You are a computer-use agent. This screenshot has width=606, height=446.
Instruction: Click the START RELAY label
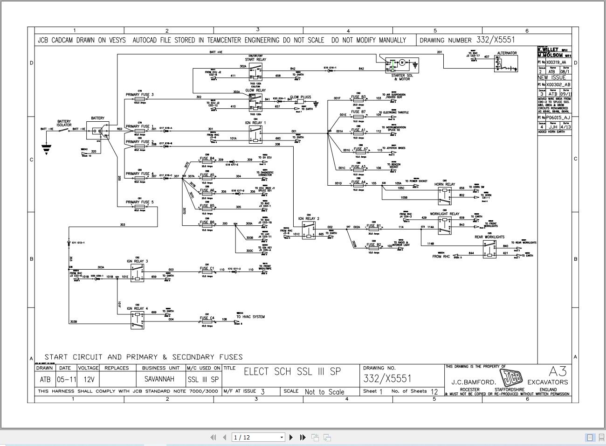[x=255, y=60]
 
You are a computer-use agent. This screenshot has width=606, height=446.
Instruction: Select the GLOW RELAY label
[x=255, y=91]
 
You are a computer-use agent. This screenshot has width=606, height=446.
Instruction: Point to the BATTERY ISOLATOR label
[x=64, y=123]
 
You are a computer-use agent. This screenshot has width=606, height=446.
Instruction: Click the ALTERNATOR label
[x=507, y=53]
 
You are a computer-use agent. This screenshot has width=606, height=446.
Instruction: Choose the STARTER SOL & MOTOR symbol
[x=401, y=65]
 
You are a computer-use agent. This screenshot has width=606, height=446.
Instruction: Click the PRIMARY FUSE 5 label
[x=139, y=202]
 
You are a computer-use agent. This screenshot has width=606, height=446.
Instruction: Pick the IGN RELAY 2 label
[x=309, y=218]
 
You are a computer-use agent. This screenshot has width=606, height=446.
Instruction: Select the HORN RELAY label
[x=444, y=184]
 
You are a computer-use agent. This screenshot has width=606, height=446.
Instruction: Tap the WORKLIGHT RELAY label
[x=444, y=214]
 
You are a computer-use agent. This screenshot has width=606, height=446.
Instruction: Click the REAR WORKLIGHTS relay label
[x=489, y=237]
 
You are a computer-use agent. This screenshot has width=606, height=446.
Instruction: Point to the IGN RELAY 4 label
[x=137, y=308]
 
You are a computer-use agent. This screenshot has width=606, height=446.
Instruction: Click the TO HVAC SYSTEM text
[x=250, y=317]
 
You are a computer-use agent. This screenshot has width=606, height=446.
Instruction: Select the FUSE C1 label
[x=207, y=268]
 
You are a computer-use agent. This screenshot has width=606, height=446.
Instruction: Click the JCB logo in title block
[x=510, y=378]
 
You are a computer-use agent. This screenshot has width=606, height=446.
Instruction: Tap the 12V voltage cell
[x=88, y=379]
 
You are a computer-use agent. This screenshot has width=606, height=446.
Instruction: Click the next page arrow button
[x=291, y=437]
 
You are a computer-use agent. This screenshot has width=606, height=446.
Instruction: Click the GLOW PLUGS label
[x=300, y=98]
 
